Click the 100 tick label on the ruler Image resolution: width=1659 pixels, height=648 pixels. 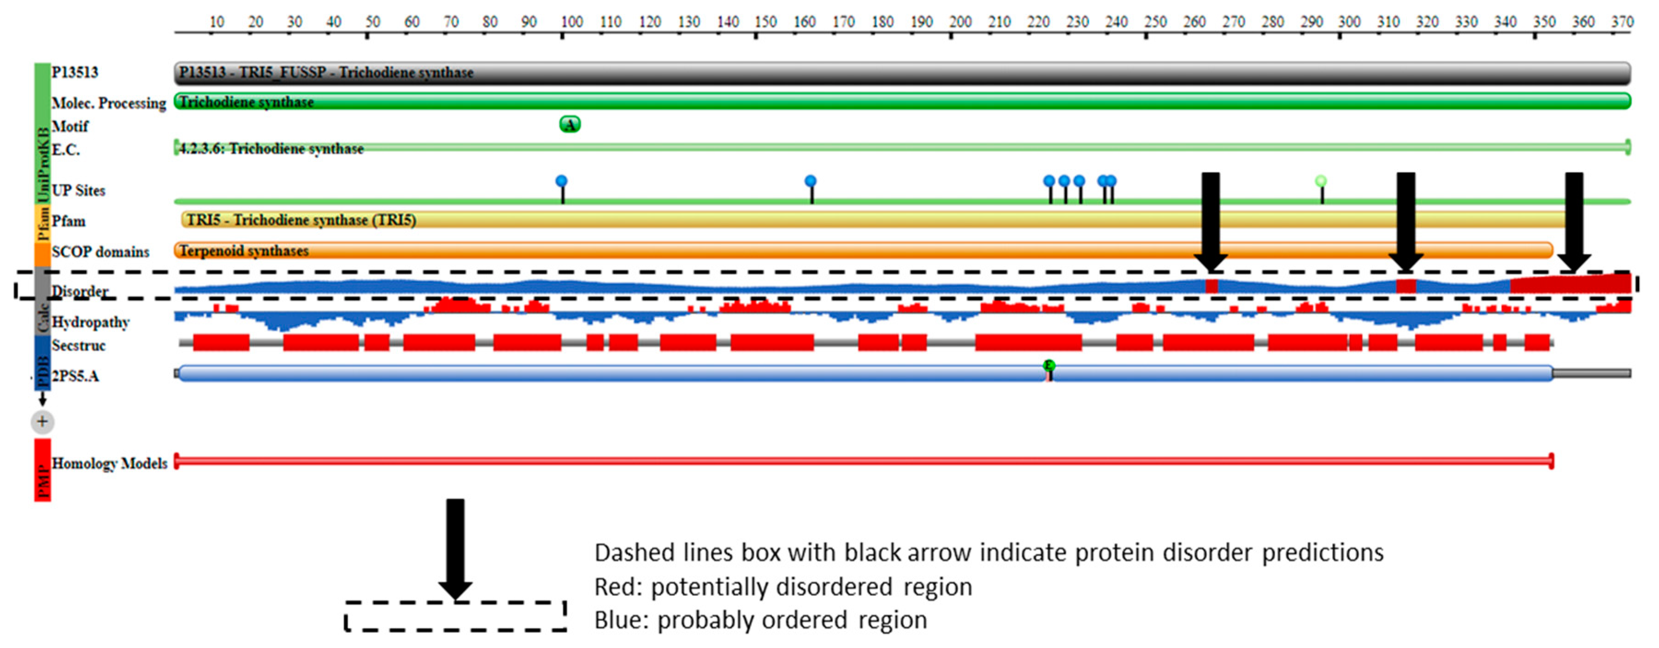coord(571,22)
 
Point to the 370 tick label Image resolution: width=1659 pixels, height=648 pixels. coord(1622,22)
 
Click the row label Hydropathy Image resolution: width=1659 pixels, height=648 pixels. coord(90,322)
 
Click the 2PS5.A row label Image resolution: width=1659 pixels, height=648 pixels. coord(76,376)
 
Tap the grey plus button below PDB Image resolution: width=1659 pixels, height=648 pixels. coord(42,422)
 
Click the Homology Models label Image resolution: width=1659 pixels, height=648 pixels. coord(110,463)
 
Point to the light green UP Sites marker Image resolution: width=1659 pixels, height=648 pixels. coord(1321,181)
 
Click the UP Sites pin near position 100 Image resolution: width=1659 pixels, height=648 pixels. coord(562,181)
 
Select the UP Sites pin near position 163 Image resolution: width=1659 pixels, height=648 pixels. coord(810,181)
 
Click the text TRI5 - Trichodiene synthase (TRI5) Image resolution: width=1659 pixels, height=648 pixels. coord(301,220)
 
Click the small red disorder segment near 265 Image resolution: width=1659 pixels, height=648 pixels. coord(1212,286)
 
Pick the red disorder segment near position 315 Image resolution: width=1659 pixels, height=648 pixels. coord(1406,286)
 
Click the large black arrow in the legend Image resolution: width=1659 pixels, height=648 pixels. coord(455,548)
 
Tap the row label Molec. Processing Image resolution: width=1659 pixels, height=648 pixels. coord(108,103)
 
